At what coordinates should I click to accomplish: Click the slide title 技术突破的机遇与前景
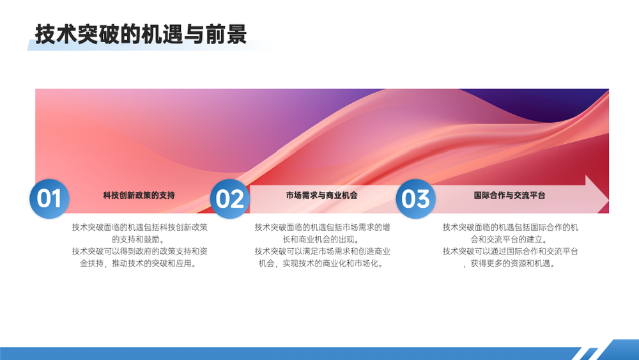point(141,34)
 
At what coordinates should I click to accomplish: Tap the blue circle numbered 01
point(49,199)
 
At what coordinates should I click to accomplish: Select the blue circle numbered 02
point(230,199)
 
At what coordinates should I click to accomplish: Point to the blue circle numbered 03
point(416,199)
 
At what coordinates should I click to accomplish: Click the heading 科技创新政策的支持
point(139,195)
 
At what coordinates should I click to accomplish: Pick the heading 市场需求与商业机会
point(322,195)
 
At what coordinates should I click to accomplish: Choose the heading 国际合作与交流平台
point(509,195)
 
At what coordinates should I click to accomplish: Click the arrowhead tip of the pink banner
point(608,200)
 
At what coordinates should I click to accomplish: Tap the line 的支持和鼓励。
point(139,239)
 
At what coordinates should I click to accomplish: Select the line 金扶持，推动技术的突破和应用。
point(139,263)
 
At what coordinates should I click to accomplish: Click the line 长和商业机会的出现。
point(322,239)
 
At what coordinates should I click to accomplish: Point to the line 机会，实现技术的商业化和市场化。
point(322,263)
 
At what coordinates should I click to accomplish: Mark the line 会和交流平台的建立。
point(509,239)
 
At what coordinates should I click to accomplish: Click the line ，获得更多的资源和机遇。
point(509,263)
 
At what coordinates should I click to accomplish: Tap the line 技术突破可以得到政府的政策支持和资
point(140,251)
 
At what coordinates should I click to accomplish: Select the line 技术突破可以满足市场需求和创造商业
point(322,251)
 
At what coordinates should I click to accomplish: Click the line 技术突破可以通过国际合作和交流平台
point(510,251)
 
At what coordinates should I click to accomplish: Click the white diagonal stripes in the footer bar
point(587,354)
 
